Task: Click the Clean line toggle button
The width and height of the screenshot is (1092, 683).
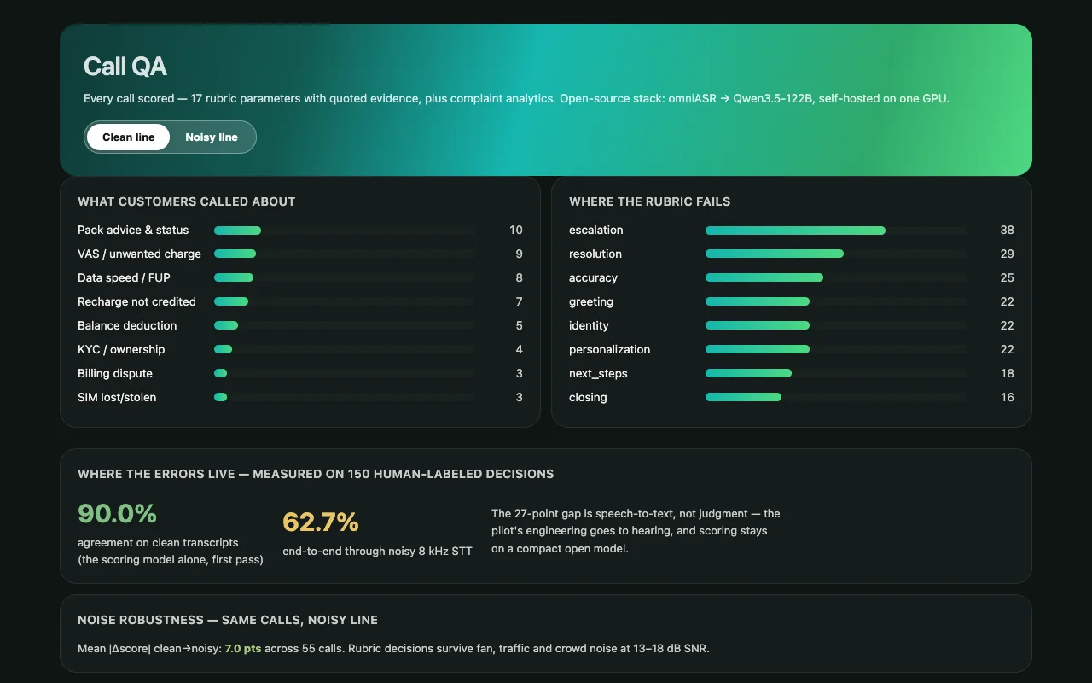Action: pos(128,137)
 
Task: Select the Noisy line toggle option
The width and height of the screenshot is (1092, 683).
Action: pos(212,137)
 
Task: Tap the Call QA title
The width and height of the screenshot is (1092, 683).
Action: pos(125,67)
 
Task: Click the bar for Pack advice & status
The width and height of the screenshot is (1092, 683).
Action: pos(237,231)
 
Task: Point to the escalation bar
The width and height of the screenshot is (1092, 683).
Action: pos(795,231)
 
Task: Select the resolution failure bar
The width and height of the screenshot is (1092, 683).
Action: pos(774,254)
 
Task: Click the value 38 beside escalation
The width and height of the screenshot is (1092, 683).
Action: pos(1007,230)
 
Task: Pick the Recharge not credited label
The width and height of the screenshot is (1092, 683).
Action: pos(136,301)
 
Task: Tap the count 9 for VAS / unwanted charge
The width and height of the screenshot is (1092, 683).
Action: pos(519,254)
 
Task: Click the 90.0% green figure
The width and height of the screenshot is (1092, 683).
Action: pos(117,514)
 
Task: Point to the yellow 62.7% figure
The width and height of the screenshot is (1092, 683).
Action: pos(320,522)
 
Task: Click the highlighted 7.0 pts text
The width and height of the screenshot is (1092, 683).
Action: pos(243,648)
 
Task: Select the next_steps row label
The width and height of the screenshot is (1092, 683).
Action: pos(598,374)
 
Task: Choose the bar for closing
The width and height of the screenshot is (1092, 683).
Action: pos(743,397)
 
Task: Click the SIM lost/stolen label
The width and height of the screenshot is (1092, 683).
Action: pos(117,397)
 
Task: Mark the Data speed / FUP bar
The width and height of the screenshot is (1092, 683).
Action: pos(234,277)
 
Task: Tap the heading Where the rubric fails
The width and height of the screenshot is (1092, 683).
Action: pos(649,201)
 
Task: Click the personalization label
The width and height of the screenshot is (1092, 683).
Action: pos(609,349)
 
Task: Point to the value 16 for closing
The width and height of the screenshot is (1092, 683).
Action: pos(1007,397)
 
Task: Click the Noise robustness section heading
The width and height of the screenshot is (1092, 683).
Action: pos(228,620)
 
